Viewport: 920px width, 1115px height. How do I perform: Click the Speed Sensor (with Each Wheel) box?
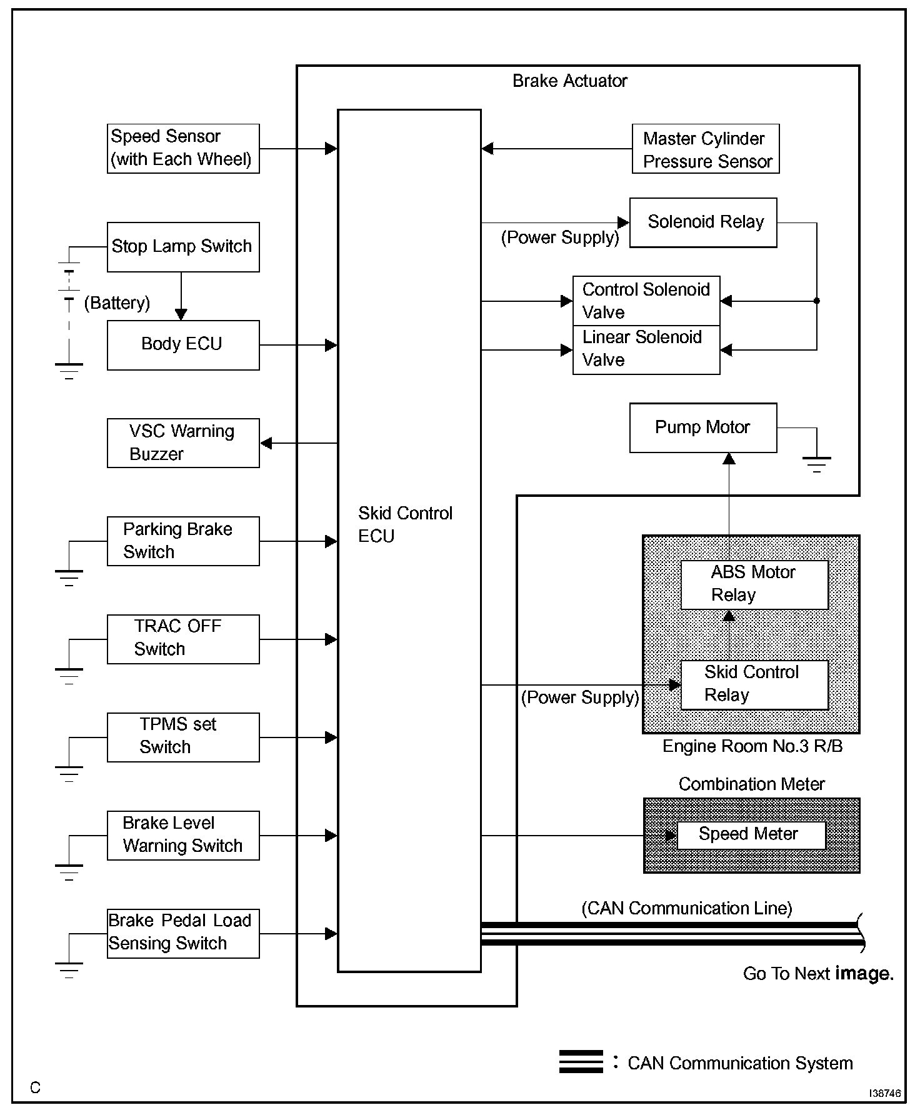183,148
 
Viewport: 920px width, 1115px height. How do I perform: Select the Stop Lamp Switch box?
183,247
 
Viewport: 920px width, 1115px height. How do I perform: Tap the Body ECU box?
183,345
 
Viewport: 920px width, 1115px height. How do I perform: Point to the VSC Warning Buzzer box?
183,443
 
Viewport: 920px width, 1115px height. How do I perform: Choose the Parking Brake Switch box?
183,541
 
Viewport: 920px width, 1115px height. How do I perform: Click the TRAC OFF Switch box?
183,639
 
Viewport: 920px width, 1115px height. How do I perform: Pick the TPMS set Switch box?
183,737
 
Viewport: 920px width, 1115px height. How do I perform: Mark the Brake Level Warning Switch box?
183,836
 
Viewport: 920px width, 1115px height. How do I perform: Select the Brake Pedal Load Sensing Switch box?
183,934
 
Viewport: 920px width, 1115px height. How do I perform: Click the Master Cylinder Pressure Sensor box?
706,149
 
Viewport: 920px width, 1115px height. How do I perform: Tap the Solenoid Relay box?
703,222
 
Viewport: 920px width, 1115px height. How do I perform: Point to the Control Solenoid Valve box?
646,301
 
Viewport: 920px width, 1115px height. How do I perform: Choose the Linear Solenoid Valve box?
646,349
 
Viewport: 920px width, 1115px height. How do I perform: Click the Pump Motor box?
703,427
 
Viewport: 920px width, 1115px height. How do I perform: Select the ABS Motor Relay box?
754,584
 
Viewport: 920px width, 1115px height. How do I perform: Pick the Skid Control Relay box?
754,684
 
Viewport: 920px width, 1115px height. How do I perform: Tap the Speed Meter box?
751,835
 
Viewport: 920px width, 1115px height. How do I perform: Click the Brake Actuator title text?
569,81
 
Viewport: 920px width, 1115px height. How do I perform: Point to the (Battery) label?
117,303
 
